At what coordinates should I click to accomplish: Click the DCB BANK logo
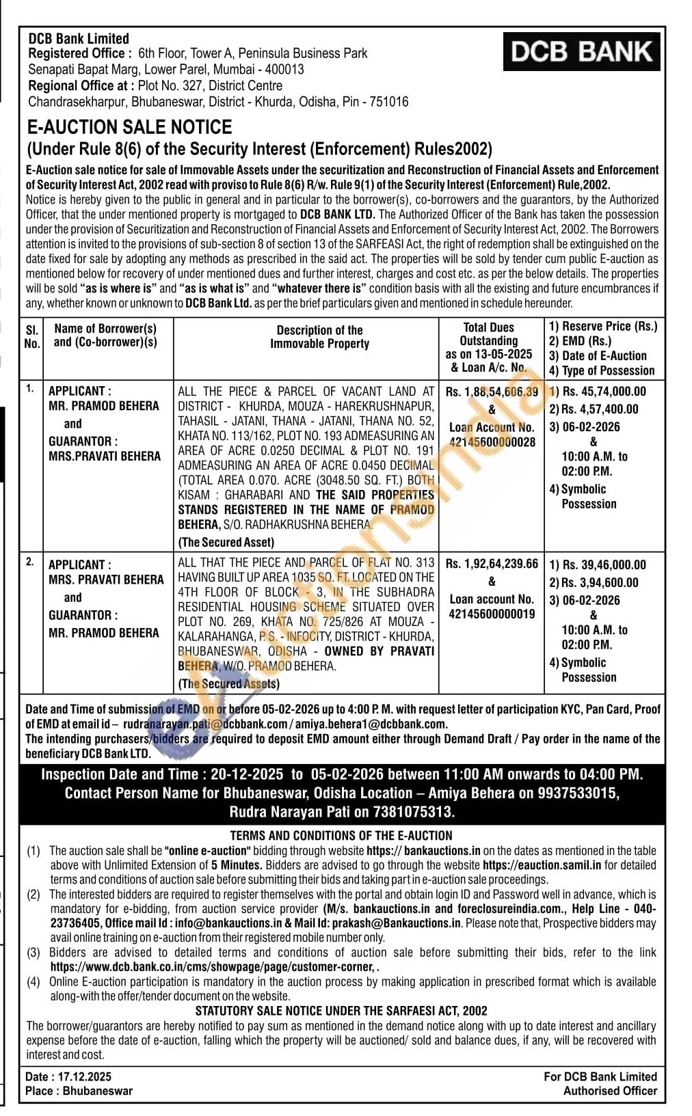581,51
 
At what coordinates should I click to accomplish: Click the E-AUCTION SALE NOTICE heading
129,127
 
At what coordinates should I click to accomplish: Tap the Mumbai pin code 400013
282,69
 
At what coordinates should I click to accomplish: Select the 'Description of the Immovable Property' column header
319,337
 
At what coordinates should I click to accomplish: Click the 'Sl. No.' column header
31,337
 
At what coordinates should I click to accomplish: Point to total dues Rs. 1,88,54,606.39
492,392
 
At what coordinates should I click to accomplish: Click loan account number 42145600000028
492,442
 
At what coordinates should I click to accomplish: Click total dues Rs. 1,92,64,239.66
492,564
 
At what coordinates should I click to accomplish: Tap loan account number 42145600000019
492,614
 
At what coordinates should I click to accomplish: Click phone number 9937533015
582,793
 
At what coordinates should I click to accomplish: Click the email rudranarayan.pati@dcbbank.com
206,724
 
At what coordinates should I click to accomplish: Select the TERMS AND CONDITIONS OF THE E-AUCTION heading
341,835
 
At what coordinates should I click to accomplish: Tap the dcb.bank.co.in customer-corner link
213,967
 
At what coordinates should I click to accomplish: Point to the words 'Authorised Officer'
610,1091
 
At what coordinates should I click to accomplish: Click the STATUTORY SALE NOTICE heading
341,1011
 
